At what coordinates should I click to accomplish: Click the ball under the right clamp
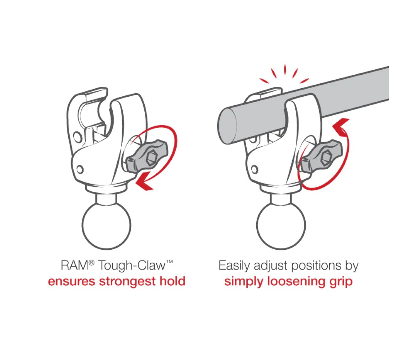[281, 226]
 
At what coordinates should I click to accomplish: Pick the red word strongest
[127, 282]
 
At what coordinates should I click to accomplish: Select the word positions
[316, 266]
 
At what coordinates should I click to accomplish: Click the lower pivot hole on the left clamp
[80, 169]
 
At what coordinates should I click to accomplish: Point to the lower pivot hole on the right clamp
[254, 169]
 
